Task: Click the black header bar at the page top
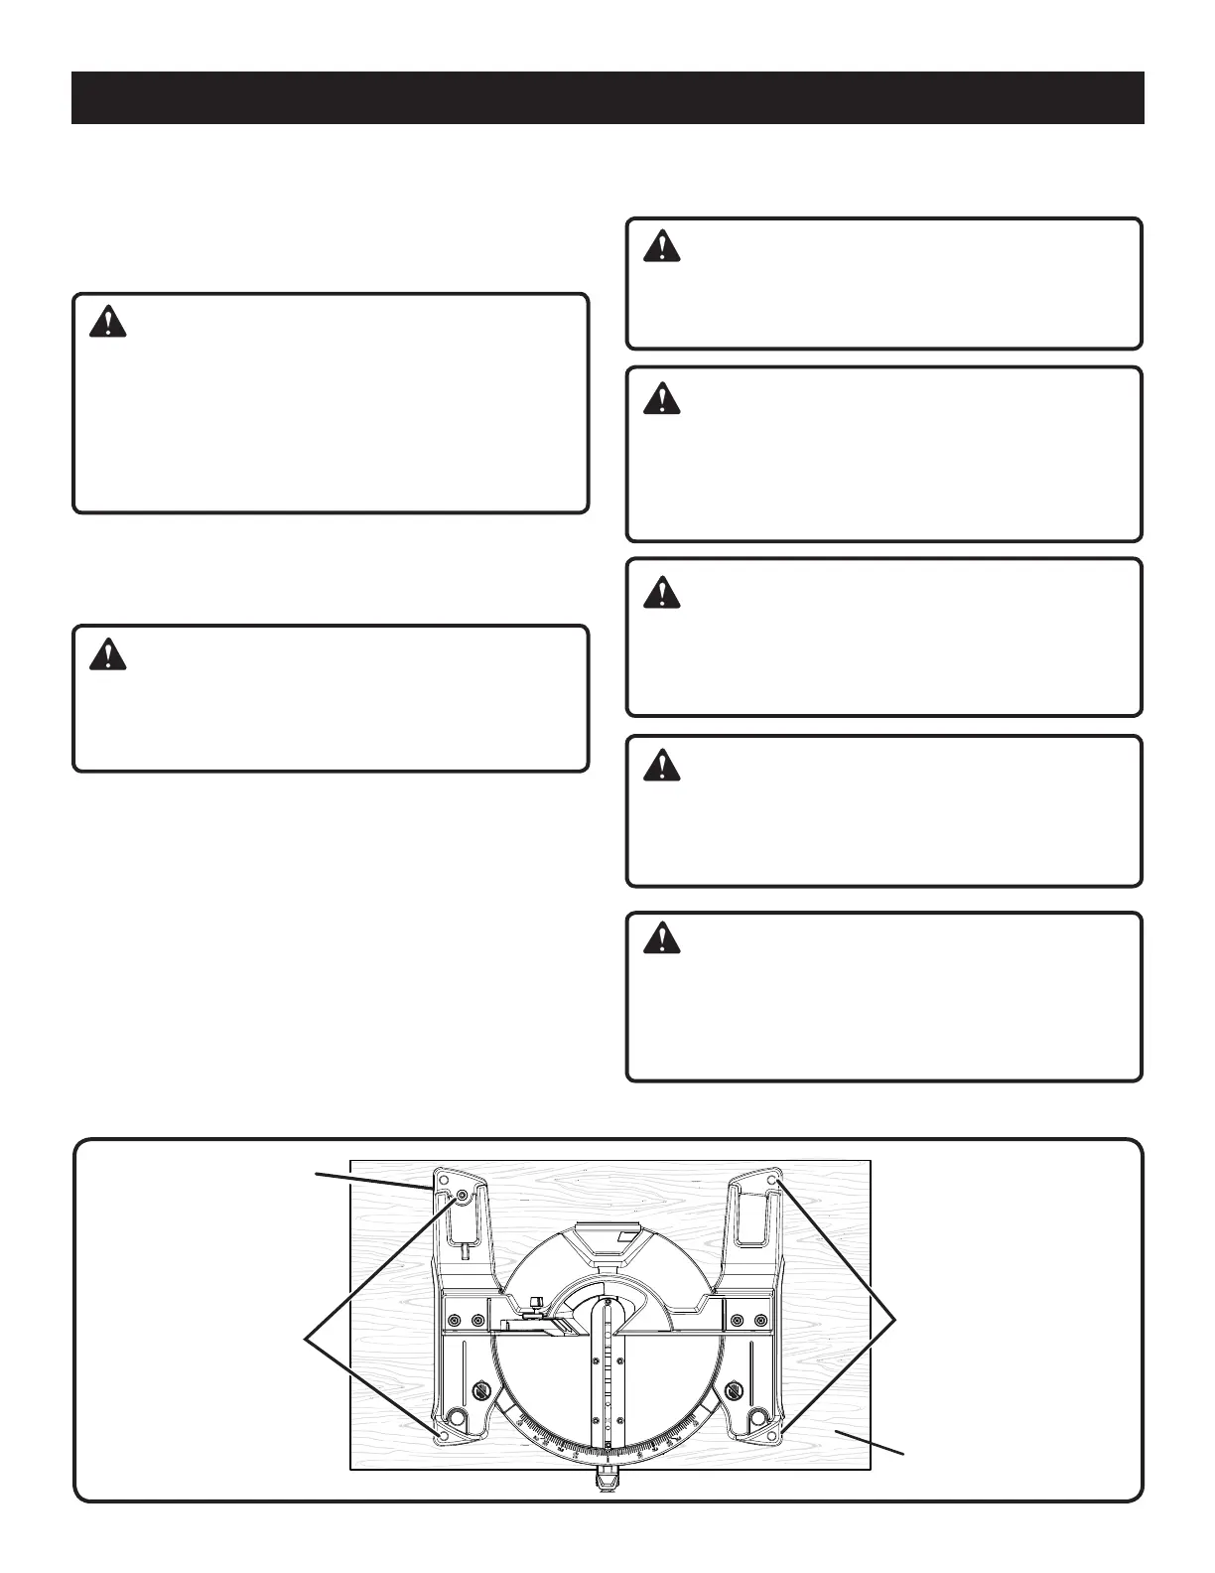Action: click(x=607, y=97)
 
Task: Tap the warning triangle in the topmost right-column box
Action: click(x=661, y=246)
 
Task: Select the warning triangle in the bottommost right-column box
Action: click(x=661, y=936)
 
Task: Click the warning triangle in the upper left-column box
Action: click(x=107, y=322)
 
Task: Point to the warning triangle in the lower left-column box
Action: click(x=107, y=653)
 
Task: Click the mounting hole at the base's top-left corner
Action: click(x=443, y=1182)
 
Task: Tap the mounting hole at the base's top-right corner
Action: click(x=774, y=1181)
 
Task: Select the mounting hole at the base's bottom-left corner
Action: click(x=443, y=1434)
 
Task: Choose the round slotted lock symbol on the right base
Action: click(x=736, y=1389)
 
